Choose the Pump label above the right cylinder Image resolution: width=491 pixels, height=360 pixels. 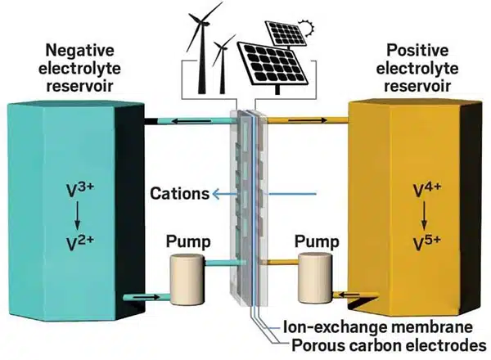click(313, 243)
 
